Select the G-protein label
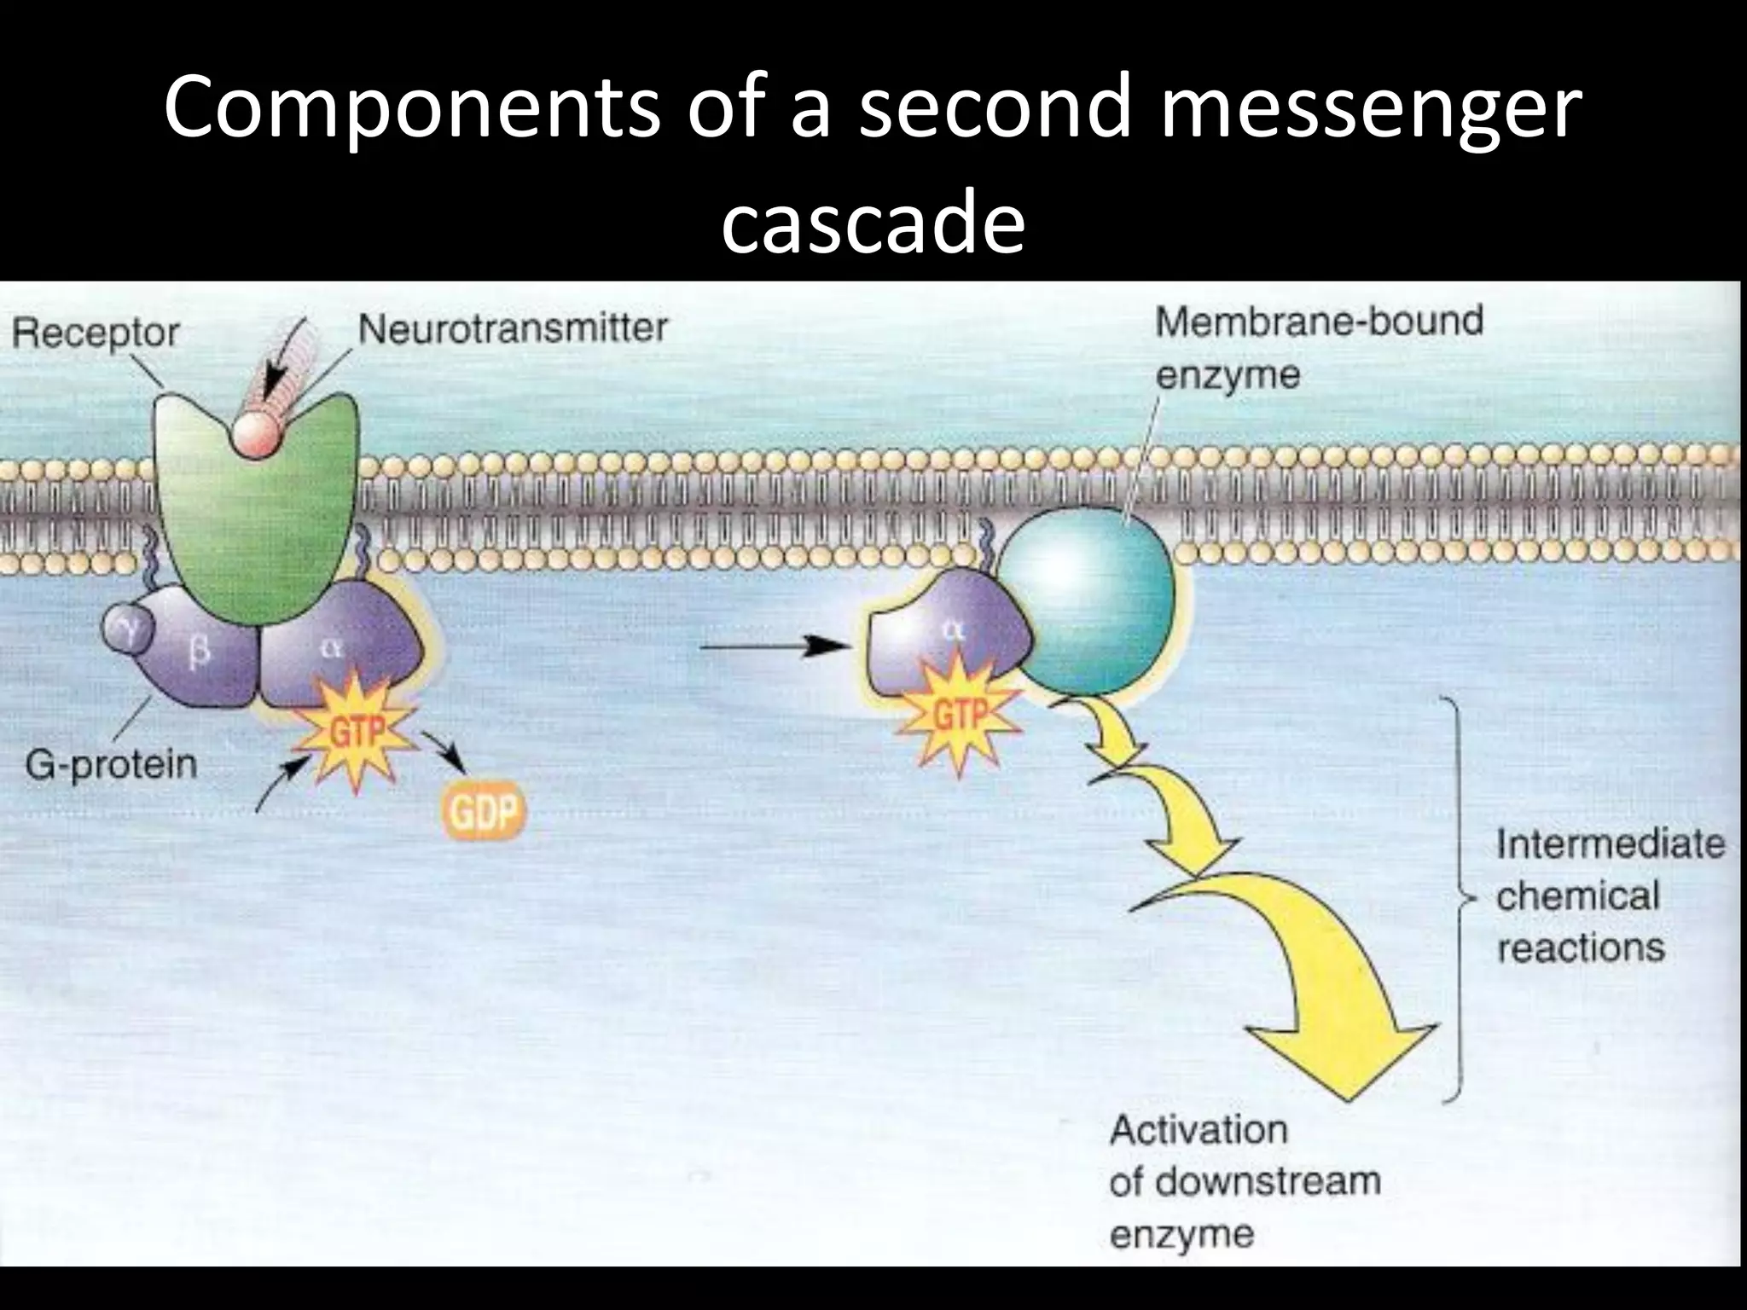click(x=111, y=763)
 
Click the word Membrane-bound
click(x=1319, y=322)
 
